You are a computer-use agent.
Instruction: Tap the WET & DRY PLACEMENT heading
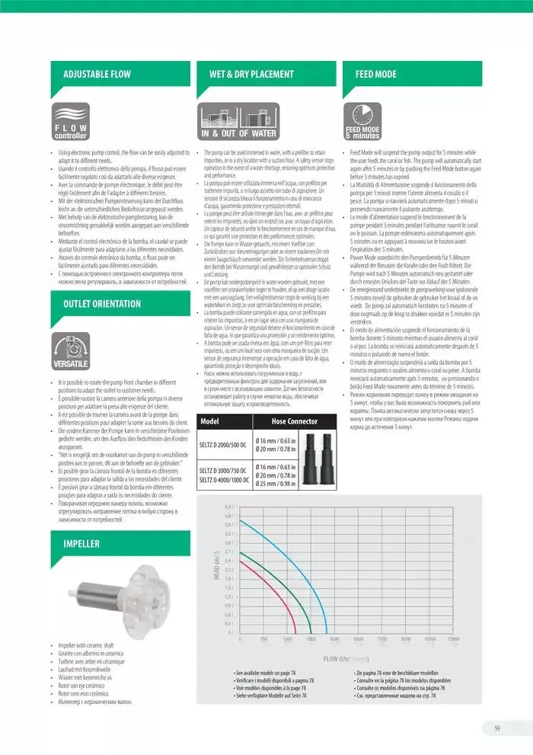[251, 74]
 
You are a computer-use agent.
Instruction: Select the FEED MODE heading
[376, 74]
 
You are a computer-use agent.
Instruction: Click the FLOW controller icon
[71, 122]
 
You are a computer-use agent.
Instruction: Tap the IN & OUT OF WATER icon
[238, 122]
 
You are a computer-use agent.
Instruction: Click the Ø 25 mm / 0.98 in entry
[276, 484]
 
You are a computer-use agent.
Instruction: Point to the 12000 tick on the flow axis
[454, 639]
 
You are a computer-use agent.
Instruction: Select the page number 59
[496, 728]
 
